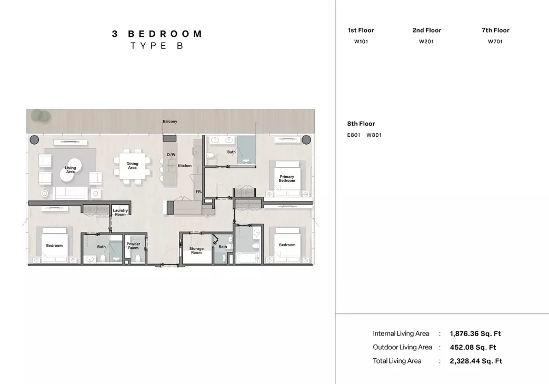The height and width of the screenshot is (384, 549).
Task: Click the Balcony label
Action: click(x=170, y=122)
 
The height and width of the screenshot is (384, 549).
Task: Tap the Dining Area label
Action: click(x=132, y=166)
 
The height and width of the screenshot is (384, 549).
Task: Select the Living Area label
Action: click(x=71, y=170)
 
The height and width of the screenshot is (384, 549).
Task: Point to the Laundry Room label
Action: click(x=120, y=213)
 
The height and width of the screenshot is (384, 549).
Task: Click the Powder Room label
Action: click(x=133, y=246)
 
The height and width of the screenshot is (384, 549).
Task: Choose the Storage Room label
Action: click(x=196, y=250)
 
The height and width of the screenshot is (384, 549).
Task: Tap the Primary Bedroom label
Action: click(x=287, y=178)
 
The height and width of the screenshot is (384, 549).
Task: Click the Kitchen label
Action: click(x=185, y=166)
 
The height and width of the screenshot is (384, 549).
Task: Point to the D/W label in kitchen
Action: click(x=171, y=155)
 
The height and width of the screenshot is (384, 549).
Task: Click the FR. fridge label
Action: click(x=199, y=192)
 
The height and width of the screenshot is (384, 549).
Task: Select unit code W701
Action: click(x=495, y=42)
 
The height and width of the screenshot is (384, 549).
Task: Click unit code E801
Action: click(x=354, y=135)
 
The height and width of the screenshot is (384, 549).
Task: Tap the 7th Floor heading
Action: click(x=495, y=30)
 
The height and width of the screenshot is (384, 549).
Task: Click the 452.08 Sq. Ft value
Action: click(x=473, y=347)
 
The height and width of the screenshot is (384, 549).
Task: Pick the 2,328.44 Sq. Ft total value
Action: click(x=476, y=361)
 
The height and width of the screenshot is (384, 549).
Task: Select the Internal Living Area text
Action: click(x=401, y=334)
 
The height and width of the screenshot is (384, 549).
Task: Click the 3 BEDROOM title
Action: click(x=157, y=34)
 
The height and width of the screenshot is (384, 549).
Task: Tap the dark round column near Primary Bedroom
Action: click(x=306, y=140)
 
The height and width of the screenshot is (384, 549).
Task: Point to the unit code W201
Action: click(x=426, y=42)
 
